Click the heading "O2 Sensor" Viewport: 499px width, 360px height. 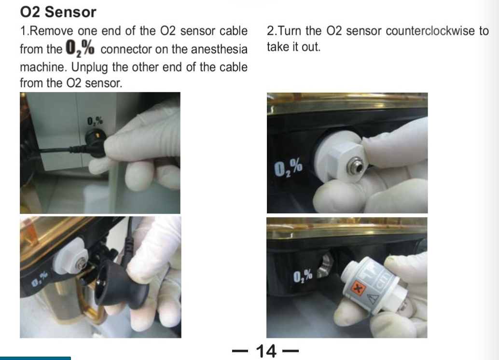coord(58,12)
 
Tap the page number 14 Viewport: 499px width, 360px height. coord(266,351)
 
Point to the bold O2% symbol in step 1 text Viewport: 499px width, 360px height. coord(80,49)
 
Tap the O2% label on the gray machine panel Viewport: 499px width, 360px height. coord(95,121)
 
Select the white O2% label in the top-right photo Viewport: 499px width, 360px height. coord(288,168)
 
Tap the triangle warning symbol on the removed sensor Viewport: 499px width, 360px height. coord(373,299)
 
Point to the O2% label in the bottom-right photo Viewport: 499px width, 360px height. coord(303,276)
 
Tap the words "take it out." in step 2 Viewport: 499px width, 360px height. coord(293,47)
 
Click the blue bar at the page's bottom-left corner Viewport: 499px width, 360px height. coord(35,359)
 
